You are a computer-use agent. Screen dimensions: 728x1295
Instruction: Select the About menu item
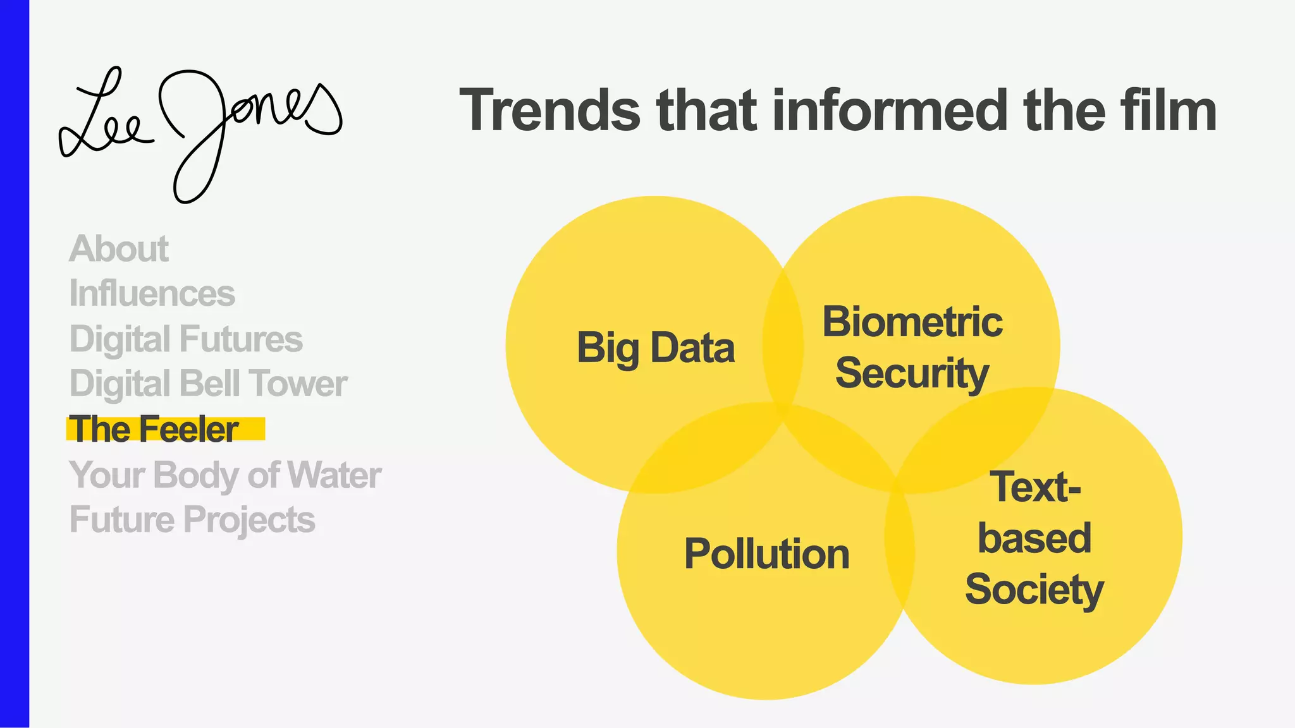pyautogui.click(x=119, y=248)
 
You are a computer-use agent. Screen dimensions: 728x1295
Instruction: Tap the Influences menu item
pyautogui.click(x=152, y=294)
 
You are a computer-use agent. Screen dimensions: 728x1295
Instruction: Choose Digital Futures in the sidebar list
pyautogui.click(x=186, y=339)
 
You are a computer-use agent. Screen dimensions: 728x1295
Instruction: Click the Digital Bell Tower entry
pyautogui.click(x=208, y=384)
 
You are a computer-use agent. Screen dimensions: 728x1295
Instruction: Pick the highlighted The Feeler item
pyautogui.click(x=154, y=429)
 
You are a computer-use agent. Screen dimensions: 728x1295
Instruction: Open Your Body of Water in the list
pyautogui.click(x=225, y=475)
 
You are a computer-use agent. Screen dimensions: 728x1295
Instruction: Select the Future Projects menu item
pyautogui.click(x=192, y=519)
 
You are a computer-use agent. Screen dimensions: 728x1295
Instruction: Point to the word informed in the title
pyautogui.click(x=890, y=111)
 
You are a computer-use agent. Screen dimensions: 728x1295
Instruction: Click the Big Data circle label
pyautogui.click(x=656, y=348)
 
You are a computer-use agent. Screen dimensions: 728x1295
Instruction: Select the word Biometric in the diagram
pyautogui.click(x=912, y=322)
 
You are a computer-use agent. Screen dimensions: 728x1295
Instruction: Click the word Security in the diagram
pyautogui.click(x=912, y=373)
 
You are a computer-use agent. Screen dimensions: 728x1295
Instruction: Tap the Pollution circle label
pyautogui.click(x=766, y=554)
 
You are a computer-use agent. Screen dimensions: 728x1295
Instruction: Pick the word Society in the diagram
pyautogui.click(x=1034, y=589)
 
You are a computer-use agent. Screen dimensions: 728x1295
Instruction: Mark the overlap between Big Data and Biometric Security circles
pyautogui.click(x=783, y=344)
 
